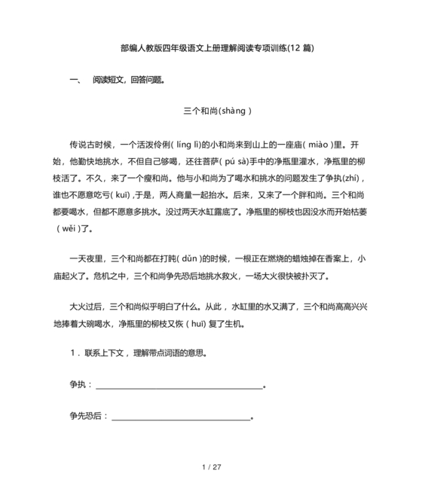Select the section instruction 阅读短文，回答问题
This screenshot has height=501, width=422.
[127, 79]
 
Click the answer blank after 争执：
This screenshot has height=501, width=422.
[179, 386]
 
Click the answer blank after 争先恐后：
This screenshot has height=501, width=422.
[181, 417]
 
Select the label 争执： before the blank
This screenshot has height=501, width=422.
[81, 384]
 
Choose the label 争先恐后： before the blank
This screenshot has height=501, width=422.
[89, 415]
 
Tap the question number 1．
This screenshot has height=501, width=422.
[73, 353]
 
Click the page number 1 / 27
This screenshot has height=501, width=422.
[211, 468]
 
